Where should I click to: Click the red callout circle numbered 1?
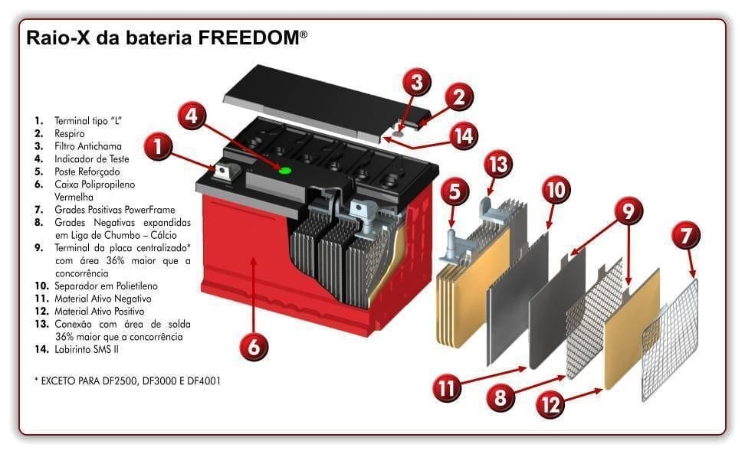(157, 147)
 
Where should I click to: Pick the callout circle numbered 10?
(556, 189)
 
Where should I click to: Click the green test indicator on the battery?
(285, 170)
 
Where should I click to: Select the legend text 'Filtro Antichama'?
(87, 145)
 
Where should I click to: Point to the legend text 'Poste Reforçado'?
(87, 171)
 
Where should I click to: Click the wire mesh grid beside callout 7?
(671, 341)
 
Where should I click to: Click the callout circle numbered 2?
(458, 96)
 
